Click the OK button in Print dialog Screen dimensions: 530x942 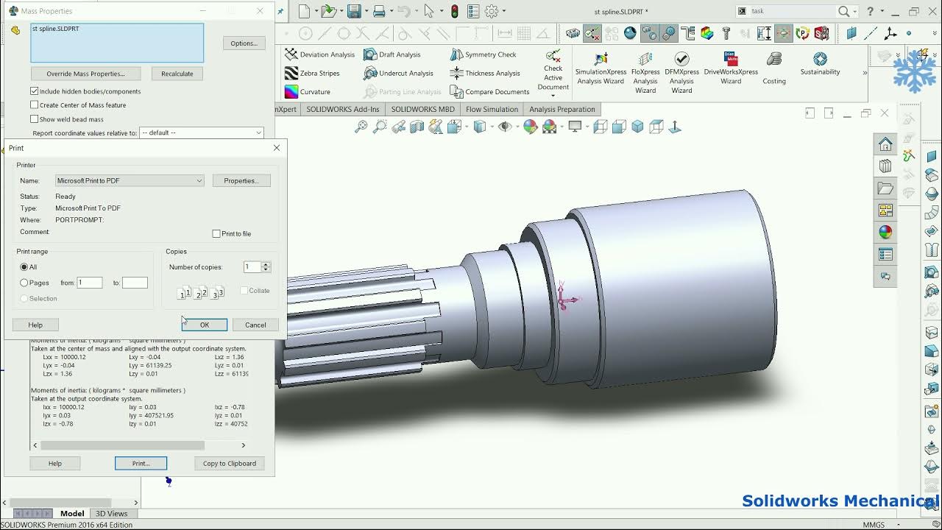(205, 325)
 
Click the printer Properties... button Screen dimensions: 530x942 (241, 180)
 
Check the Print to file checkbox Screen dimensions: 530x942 (216, 234)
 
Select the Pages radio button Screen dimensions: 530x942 (24, 283)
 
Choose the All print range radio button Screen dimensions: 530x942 (24, 267)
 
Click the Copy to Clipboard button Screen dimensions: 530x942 (230, 463)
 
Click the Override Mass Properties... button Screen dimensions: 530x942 (85, 74)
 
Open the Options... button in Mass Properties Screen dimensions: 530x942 (244, 43)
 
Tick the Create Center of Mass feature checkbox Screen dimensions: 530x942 (35, 105)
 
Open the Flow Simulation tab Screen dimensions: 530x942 (492, 109)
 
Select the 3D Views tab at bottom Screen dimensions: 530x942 (111, 513)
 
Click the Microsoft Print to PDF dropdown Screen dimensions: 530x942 (130, 180)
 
